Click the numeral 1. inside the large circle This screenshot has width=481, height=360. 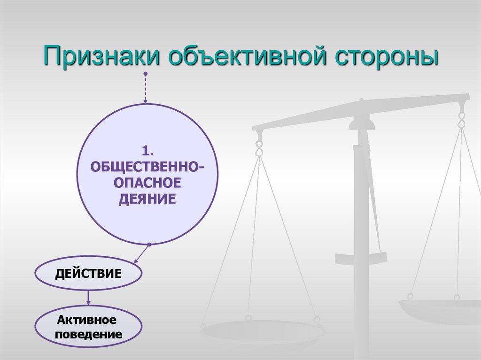click(x=147, y=152)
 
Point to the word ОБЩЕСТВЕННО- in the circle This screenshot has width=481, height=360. click(x=147, y=167)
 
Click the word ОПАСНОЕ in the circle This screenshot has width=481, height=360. click(x=147, y=183)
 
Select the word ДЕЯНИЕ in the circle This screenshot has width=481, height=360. click(x=147, y=199)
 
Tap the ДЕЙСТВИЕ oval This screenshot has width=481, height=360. click(x=88, y=274)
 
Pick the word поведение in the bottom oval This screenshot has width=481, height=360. click(x=88, y=335)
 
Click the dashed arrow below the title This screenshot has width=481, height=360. click(x=146, y=89)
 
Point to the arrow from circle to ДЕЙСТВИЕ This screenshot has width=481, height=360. click(x=140, y=254)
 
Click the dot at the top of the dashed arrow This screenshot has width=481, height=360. click(x=146, y=74)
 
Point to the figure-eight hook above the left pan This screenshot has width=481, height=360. click(x=258, y=147)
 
